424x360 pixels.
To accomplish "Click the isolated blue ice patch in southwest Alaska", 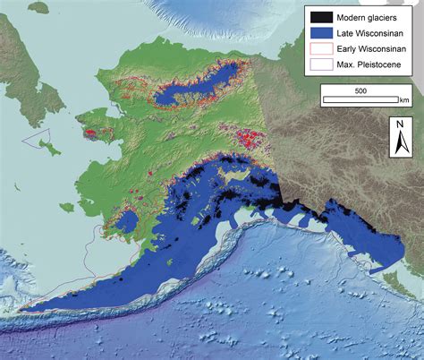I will click(128, 220).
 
